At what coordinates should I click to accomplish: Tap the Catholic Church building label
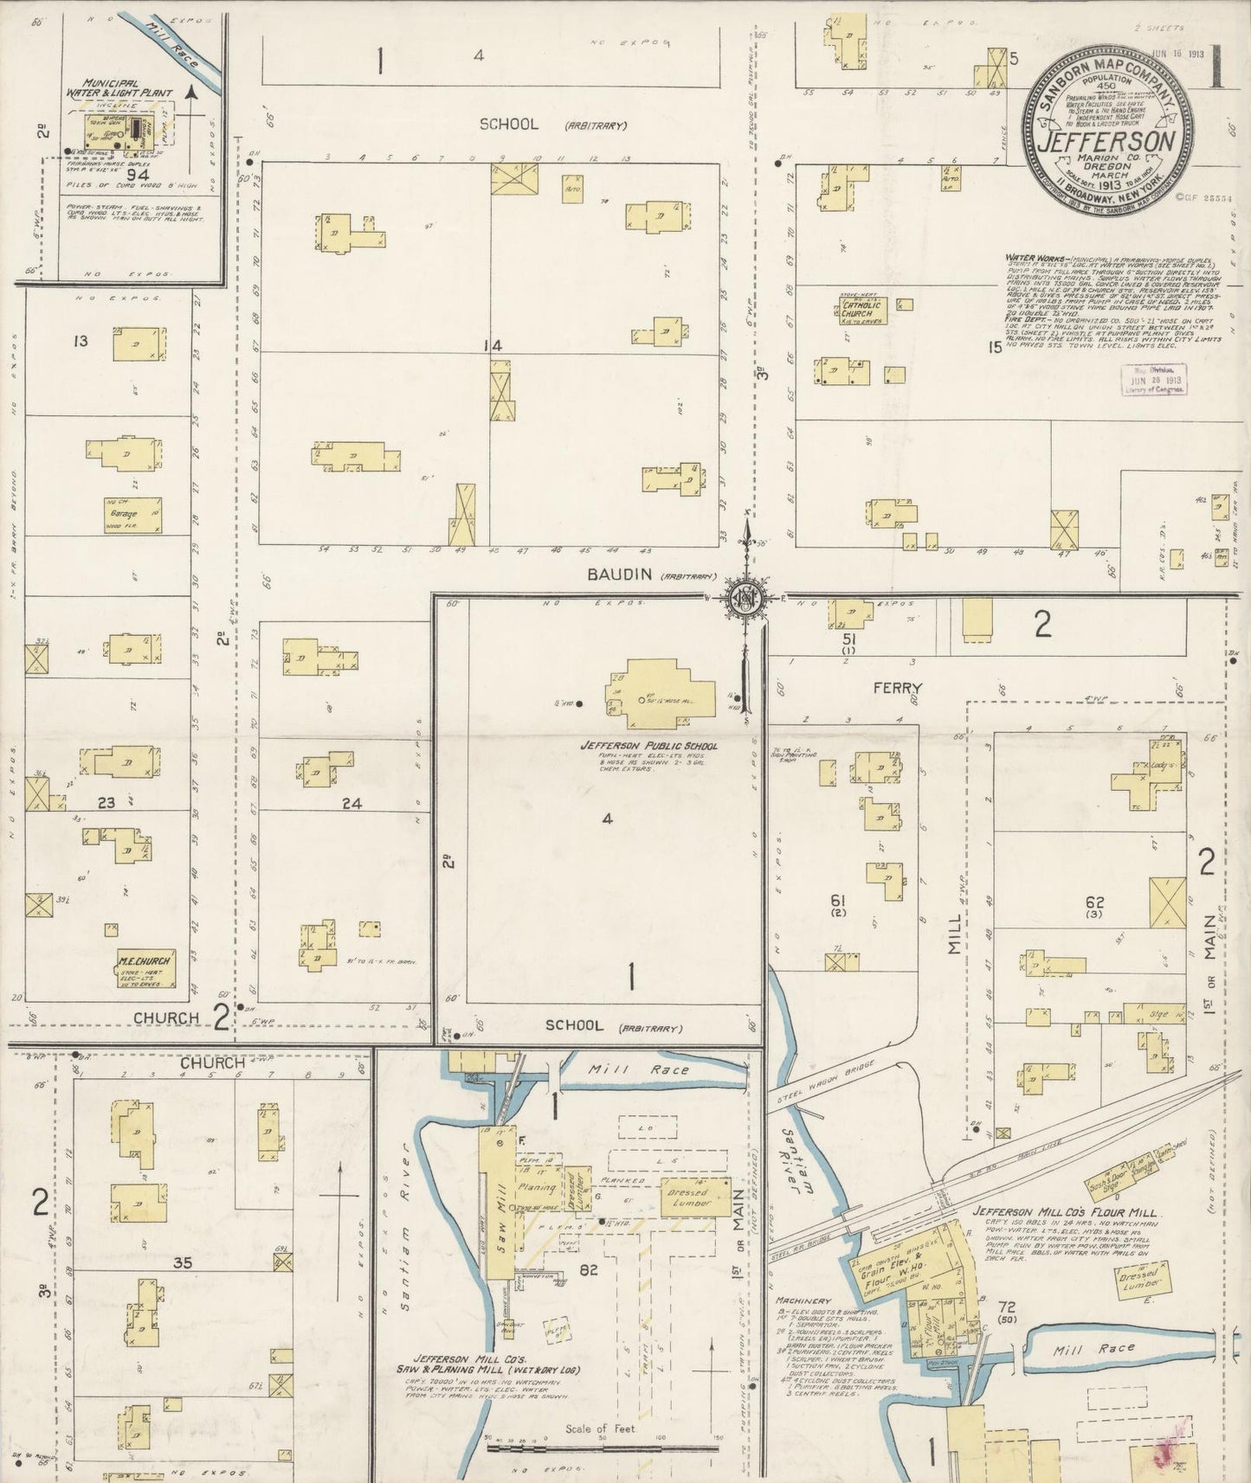(861, 309)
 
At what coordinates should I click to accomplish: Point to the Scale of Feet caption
(600, 1428)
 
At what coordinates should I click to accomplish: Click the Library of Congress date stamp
(1153, 379)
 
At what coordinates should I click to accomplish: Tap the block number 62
(1094, 902)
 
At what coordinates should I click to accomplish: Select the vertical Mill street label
(954, 931)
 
